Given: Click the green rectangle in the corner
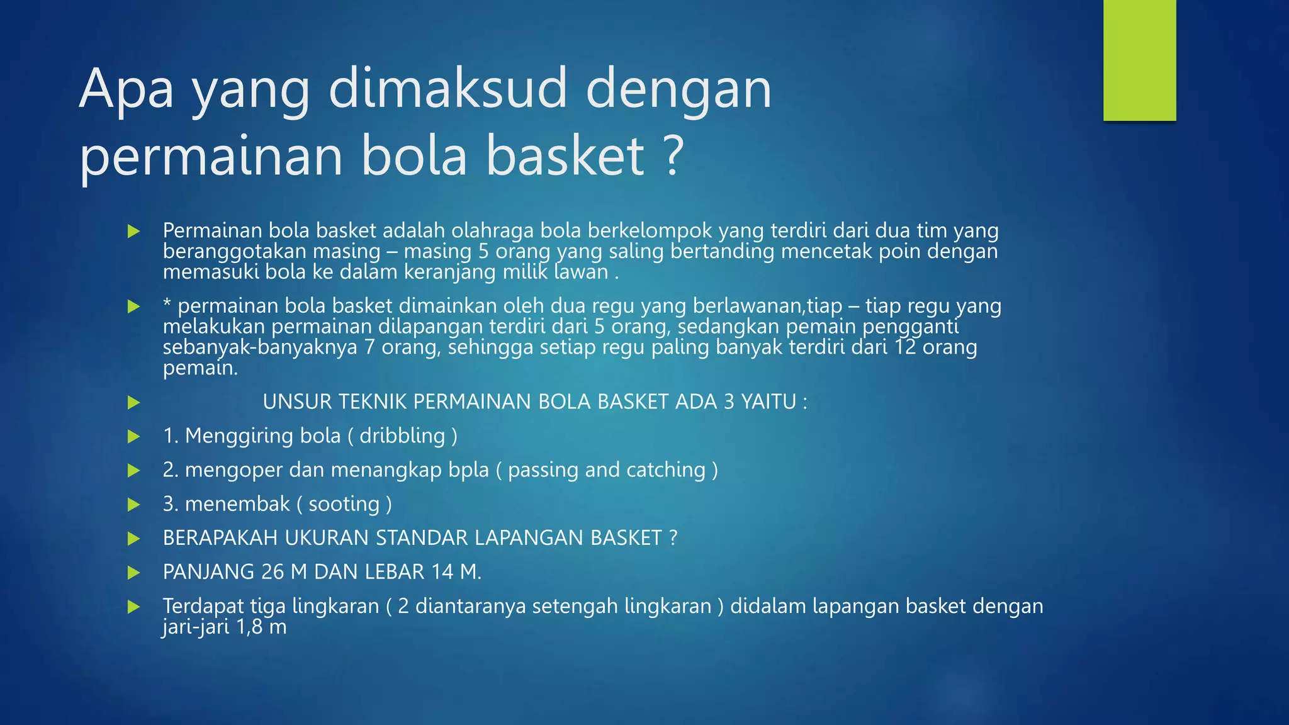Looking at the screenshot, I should [1139, 60].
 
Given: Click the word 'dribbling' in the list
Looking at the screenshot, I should [402, 436].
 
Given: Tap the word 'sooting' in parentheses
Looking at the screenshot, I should [344, 503].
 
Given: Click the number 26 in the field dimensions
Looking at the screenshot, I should [273, 571].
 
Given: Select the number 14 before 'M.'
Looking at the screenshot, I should [442, 571].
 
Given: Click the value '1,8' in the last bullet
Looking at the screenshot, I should [249, 627].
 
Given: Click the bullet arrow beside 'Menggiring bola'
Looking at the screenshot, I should [133, 436].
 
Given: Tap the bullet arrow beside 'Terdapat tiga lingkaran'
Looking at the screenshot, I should [133, 607].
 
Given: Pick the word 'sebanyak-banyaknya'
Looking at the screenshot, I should [260, 347].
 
